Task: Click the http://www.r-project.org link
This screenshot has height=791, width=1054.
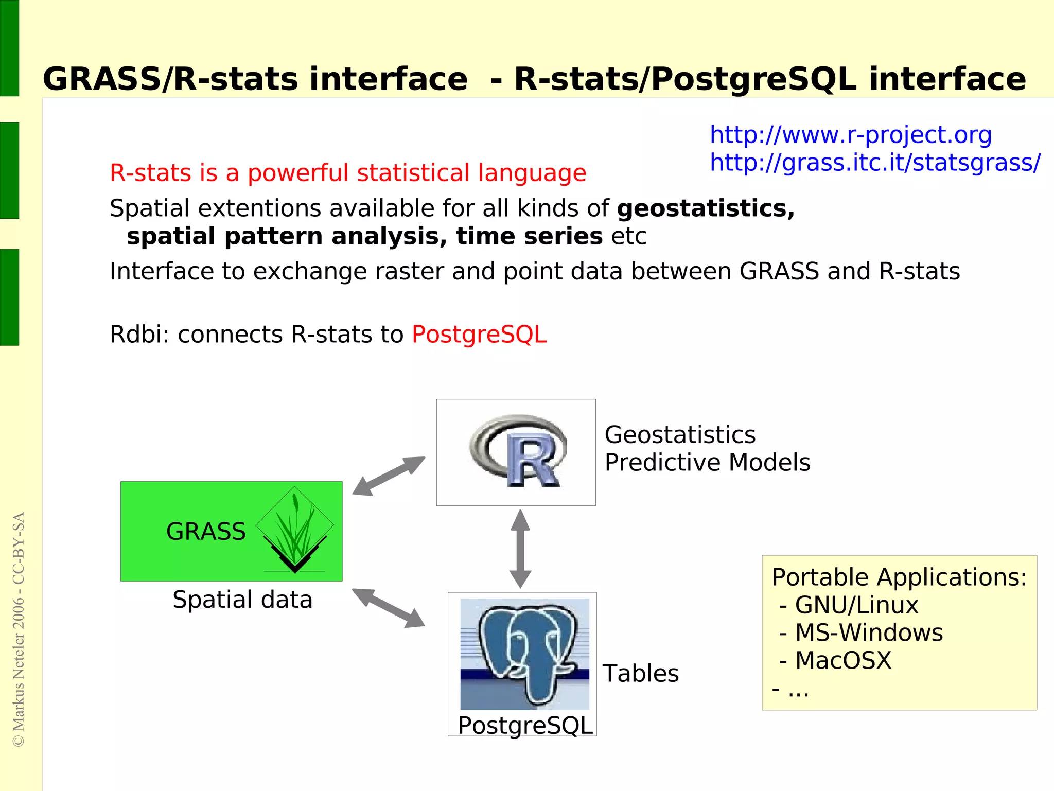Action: click(x=850, y=135)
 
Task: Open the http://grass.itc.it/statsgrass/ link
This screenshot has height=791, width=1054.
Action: click(x=874, y=163)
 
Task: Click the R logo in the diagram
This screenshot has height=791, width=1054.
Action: click(x=517, y=451)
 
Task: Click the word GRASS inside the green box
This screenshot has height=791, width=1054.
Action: click(x=206, y=532)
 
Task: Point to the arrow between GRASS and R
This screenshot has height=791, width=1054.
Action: click(x=389, y=476)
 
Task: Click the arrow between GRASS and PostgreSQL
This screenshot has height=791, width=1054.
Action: click(x=389, y=608)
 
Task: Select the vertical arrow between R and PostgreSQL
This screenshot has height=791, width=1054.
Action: click(x=520, y=549)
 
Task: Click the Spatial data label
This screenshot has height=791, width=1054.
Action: click(x=242, y=600)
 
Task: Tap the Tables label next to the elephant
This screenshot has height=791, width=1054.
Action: click(x=640, y=674)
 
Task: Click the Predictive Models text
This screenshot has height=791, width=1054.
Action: click(x=707, y=463)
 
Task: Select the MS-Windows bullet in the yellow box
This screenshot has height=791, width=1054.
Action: click(x=868, y=633)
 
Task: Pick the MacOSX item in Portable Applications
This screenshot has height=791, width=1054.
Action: click(x=842, y=661)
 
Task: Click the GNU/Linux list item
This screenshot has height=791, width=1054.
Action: click(x=856, y=605)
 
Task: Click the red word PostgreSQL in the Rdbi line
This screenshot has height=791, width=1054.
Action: click(x=479, y=335)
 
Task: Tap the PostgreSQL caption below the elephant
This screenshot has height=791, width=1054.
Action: click(x=525, y=726)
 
